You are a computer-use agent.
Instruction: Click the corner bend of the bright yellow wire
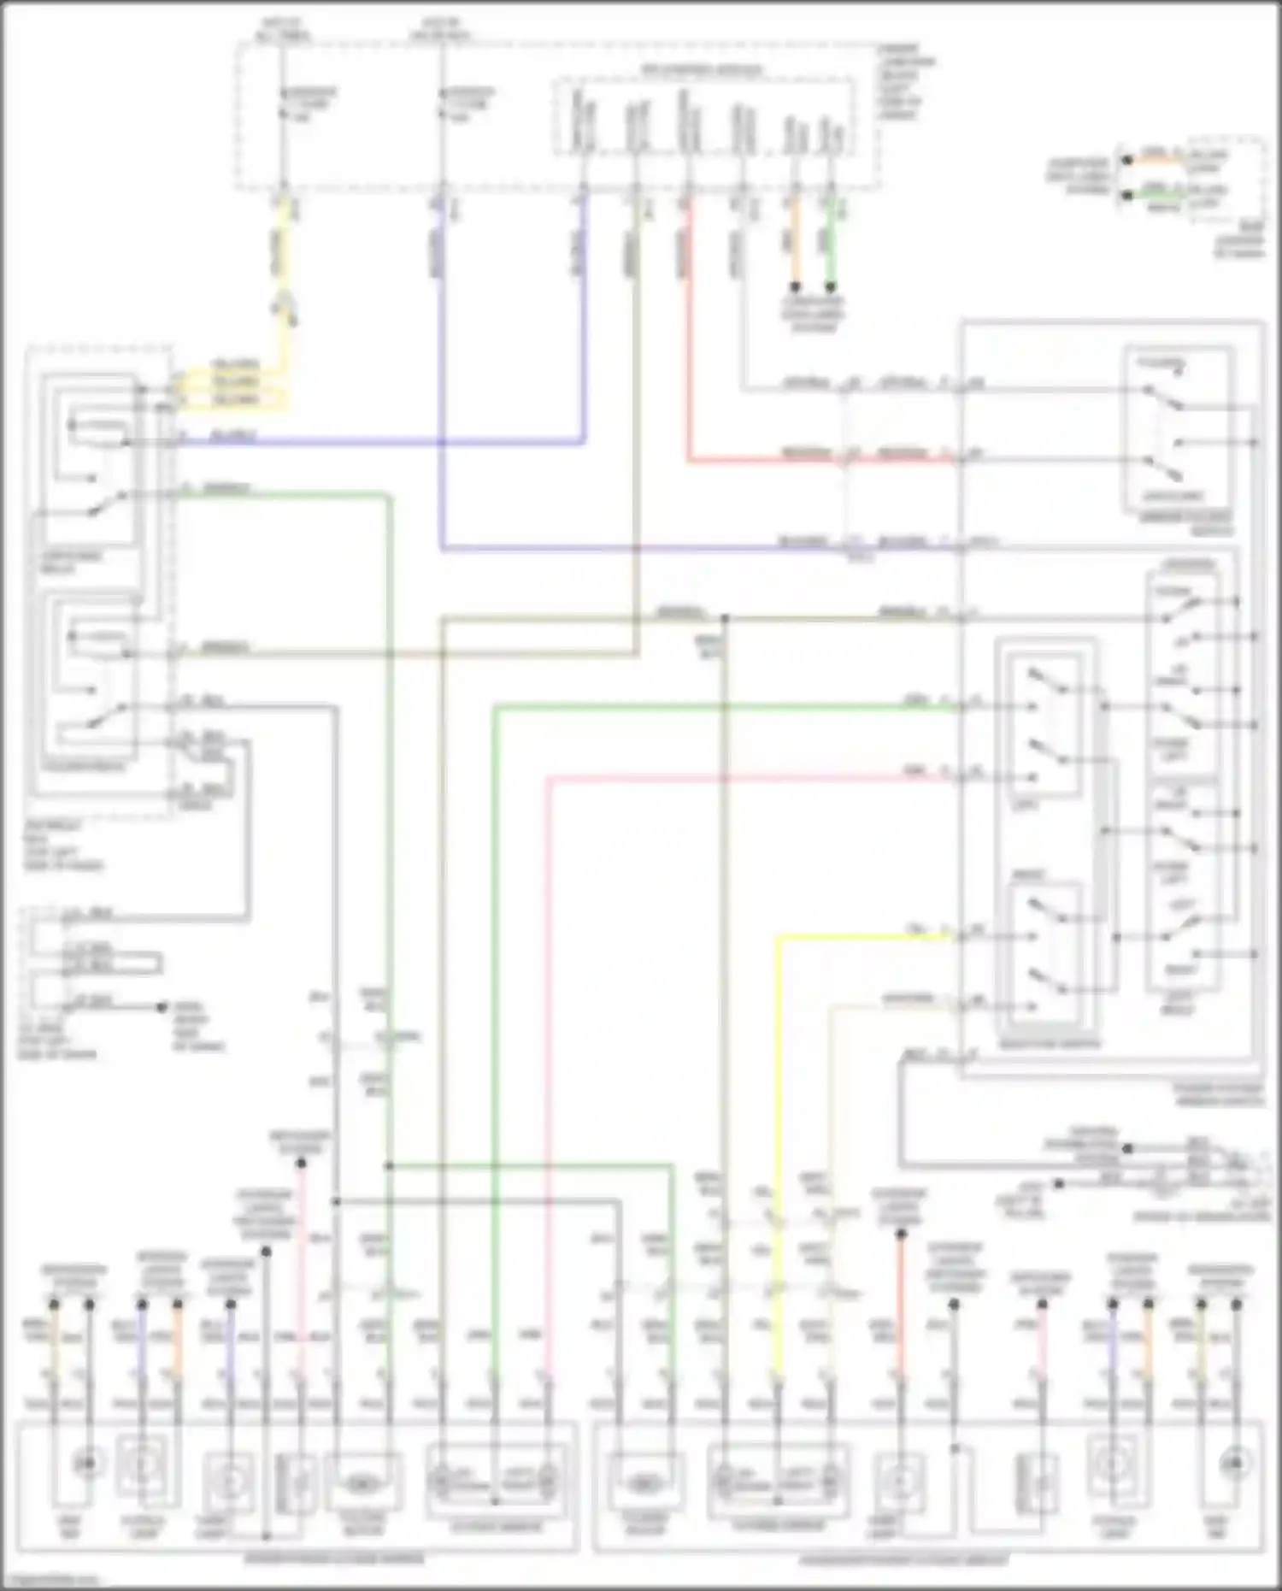point(778,938)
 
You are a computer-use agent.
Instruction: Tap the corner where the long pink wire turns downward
point(548,778)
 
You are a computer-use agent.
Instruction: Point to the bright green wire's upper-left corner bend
point(495,706)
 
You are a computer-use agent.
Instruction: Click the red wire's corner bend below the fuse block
point(688,461)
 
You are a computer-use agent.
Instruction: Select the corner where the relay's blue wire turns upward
point(585,442)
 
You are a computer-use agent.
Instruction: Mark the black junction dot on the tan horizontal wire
point(724,617)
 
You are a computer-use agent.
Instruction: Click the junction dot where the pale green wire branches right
point(389,1165)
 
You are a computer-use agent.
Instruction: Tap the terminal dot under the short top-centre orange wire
point(795,287)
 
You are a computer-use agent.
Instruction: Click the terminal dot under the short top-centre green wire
point(830,287)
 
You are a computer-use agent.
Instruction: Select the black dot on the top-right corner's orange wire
point(1127,160)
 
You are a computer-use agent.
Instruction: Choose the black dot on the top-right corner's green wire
point(1127,195)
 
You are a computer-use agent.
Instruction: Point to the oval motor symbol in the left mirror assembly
point(362,1485)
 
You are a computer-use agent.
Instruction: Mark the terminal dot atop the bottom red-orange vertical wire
point(900,1234)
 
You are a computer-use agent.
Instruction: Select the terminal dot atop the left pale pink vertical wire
point(301,1163)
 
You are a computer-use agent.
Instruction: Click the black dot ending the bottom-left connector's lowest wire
point(161,1007)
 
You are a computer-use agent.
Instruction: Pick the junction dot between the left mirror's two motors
point(494,1500)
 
